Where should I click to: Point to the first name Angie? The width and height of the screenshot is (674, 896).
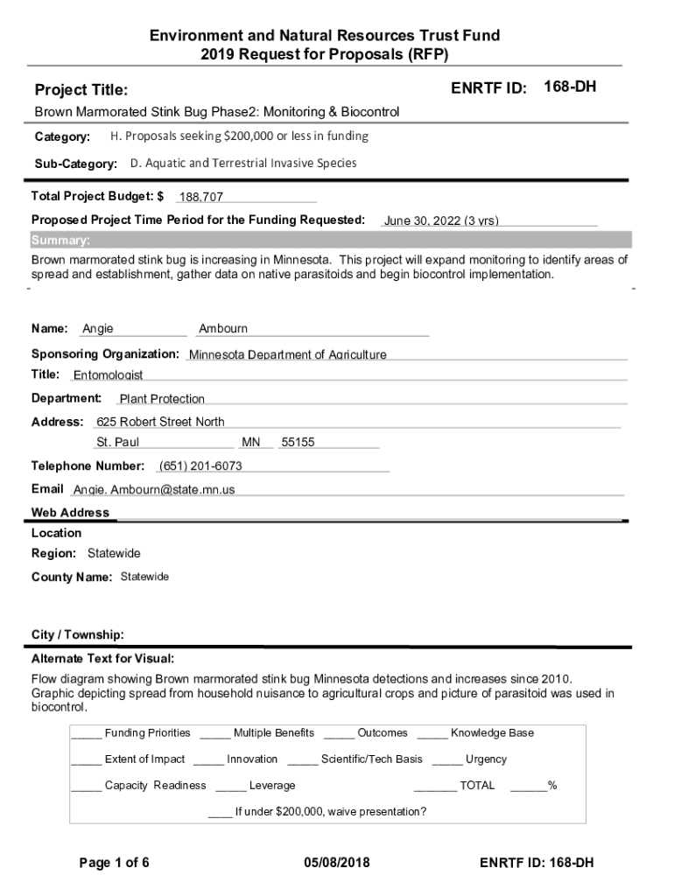(98, 329)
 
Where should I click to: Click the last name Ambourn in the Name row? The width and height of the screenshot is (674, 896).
(223, 329)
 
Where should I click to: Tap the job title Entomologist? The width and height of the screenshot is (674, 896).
(108, 375)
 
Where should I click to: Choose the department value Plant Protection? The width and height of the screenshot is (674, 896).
(162, 399)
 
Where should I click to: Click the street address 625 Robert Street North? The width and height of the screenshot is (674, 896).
(160, 422)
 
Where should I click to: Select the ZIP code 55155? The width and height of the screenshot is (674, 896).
(298, 443)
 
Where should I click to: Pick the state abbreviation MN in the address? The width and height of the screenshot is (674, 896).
(251, 443)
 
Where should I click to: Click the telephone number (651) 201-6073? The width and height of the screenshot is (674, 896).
(200, 465)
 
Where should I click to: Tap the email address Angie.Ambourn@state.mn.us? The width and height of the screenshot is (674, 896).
(154, 490)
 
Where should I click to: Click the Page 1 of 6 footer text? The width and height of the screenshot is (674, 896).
(114, 863)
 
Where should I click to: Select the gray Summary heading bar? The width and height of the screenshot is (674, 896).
(331, 241)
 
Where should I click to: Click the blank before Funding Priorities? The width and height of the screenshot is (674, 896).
(86, 733)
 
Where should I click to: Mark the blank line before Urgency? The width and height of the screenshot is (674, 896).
(446, 759)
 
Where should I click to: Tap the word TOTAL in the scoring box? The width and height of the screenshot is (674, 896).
(477, 786)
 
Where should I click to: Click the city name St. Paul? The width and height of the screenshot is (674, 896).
(118, 443)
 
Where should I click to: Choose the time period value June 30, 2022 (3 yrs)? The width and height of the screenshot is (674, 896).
(441, 221)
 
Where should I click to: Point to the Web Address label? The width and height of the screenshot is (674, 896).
(70, 513)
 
